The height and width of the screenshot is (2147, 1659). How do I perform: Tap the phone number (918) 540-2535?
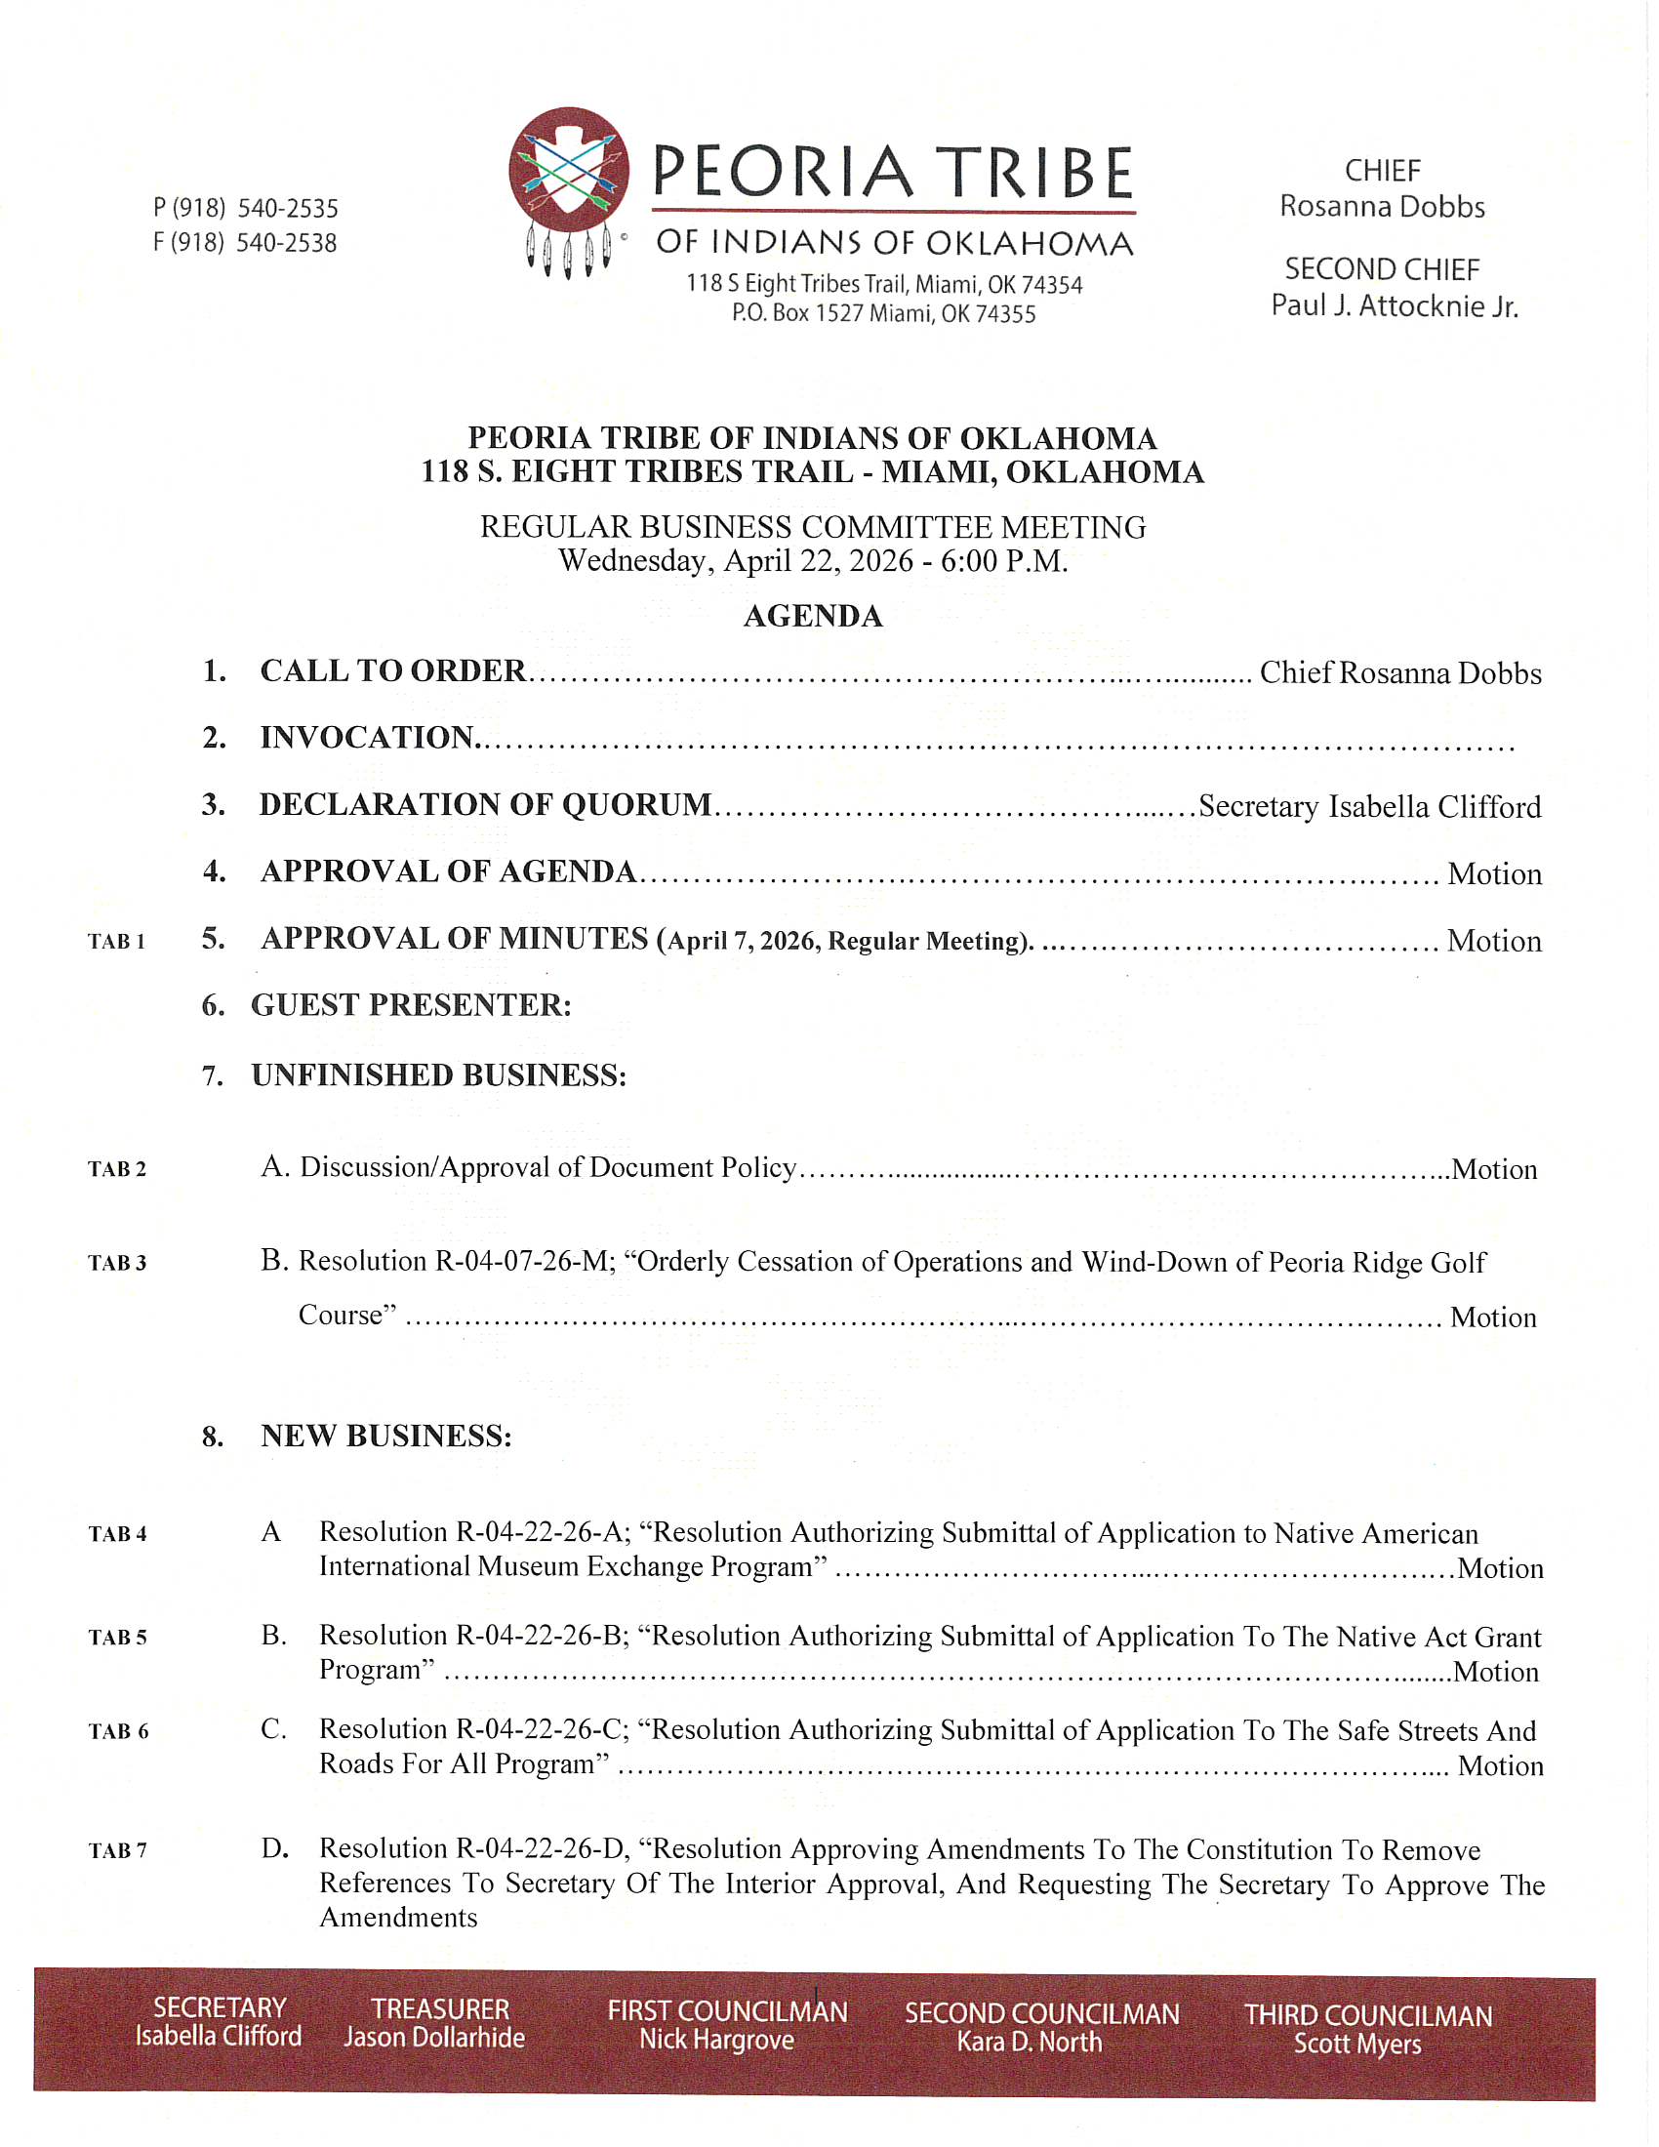coord(246,209)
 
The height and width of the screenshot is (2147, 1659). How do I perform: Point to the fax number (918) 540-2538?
coord(246,243)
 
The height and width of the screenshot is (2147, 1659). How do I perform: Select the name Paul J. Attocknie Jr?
coord(1394,306)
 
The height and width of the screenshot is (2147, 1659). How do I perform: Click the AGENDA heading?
coord(813,617)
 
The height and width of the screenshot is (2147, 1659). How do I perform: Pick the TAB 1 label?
coord(117,942)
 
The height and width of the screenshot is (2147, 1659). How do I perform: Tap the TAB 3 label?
coord(117,1263)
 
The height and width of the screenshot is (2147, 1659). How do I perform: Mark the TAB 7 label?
coord(118,1851)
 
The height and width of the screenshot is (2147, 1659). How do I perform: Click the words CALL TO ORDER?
coord(393,671)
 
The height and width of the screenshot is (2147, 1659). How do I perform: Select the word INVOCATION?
coord(368,737)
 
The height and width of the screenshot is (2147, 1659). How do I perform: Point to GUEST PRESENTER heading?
coord(411,1005)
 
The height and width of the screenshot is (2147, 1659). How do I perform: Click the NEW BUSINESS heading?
coord(385,1437)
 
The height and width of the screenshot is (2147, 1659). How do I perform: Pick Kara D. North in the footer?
coord(1030,2043)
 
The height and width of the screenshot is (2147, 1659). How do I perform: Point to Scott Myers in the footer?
coord(1357,2045)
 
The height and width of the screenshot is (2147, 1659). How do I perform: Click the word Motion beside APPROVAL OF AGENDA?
coord(1494,875)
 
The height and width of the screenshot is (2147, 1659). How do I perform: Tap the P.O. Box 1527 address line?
coord(883,314)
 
